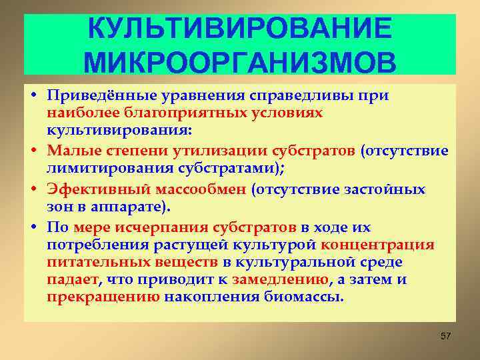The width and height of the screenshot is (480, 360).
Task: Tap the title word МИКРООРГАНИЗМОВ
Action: [240, 61]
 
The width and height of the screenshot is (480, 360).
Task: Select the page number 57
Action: [446, 335]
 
